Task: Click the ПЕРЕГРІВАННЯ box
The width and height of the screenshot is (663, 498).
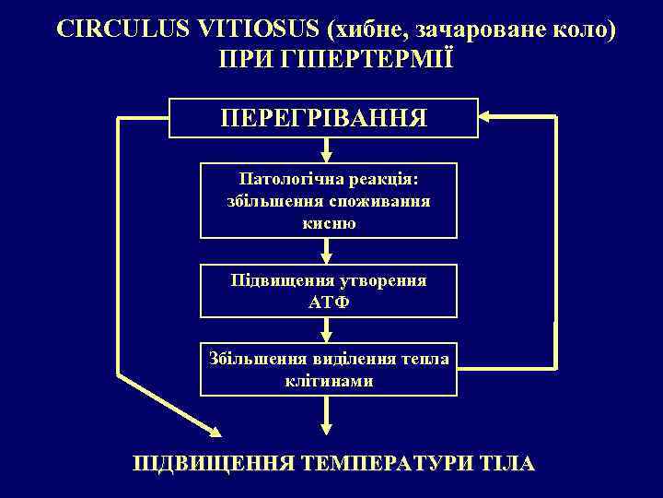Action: (324, 118)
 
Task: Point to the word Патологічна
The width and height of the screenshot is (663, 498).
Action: (285, 178)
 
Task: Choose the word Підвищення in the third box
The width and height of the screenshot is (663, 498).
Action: (273, 280)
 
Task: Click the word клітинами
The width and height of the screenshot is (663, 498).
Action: (329, 380)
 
